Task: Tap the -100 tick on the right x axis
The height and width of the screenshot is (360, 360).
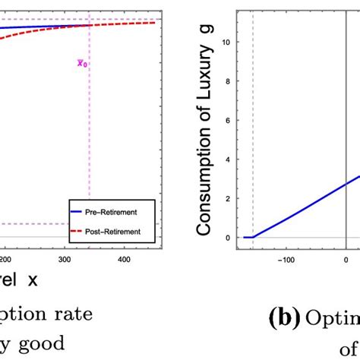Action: (286, 258)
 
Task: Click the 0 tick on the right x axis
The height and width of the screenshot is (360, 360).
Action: (346, 258)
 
